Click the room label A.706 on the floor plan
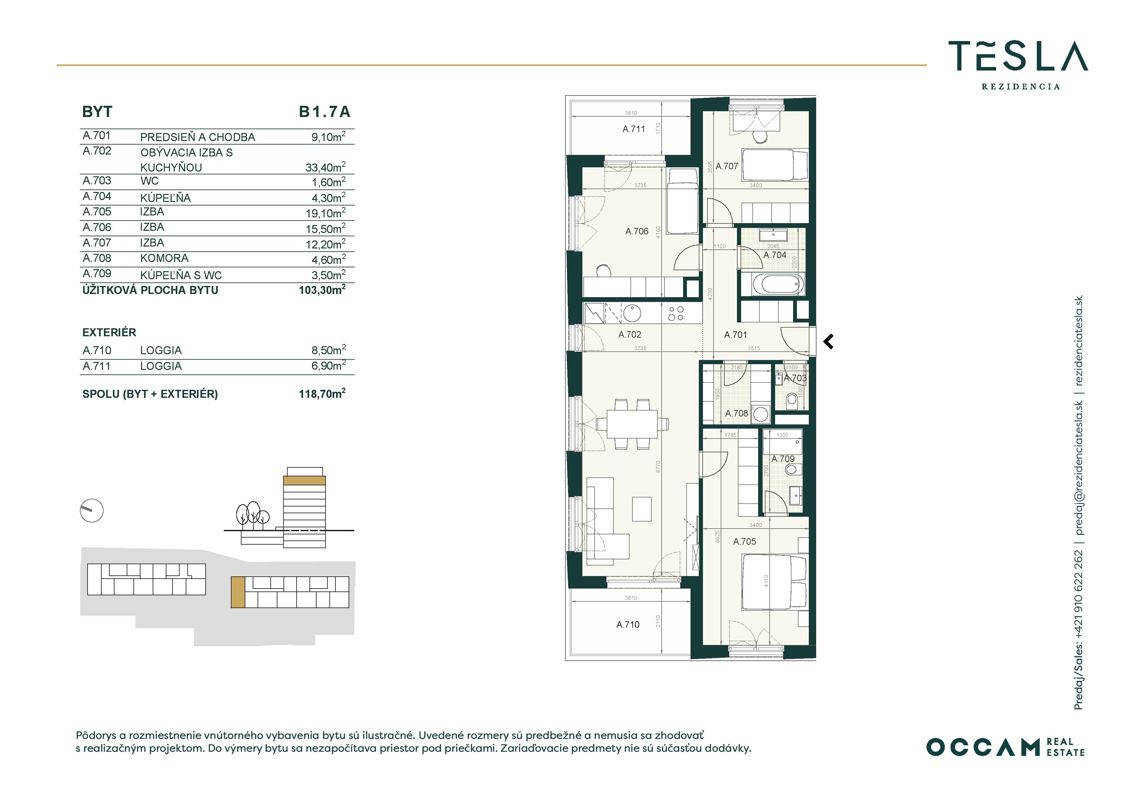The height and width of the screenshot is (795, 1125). tap(637, 231)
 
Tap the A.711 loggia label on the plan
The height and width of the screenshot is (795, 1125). tap(634, 129)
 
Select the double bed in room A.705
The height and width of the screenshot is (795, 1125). tap(774, 582)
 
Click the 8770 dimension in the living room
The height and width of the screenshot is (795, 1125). tap(658, 467)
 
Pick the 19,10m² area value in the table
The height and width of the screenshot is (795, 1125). tap(326, 213)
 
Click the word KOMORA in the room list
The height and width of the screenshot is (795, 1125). tap(164, 258)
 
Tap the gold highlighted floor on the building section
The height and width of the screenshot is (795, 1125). tap(304, 481)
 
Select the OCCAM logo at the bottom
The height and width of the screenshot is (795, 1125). tap(1005, 747)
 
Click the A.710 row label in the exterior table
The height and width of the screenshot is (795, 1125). tap(97, 350)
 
